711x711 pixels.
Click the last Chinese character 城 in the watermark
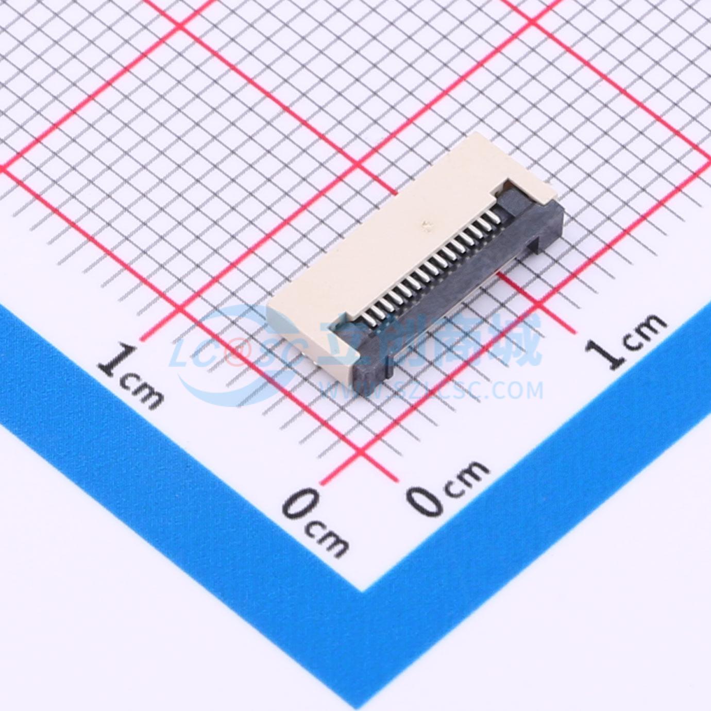pos(518,341)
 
